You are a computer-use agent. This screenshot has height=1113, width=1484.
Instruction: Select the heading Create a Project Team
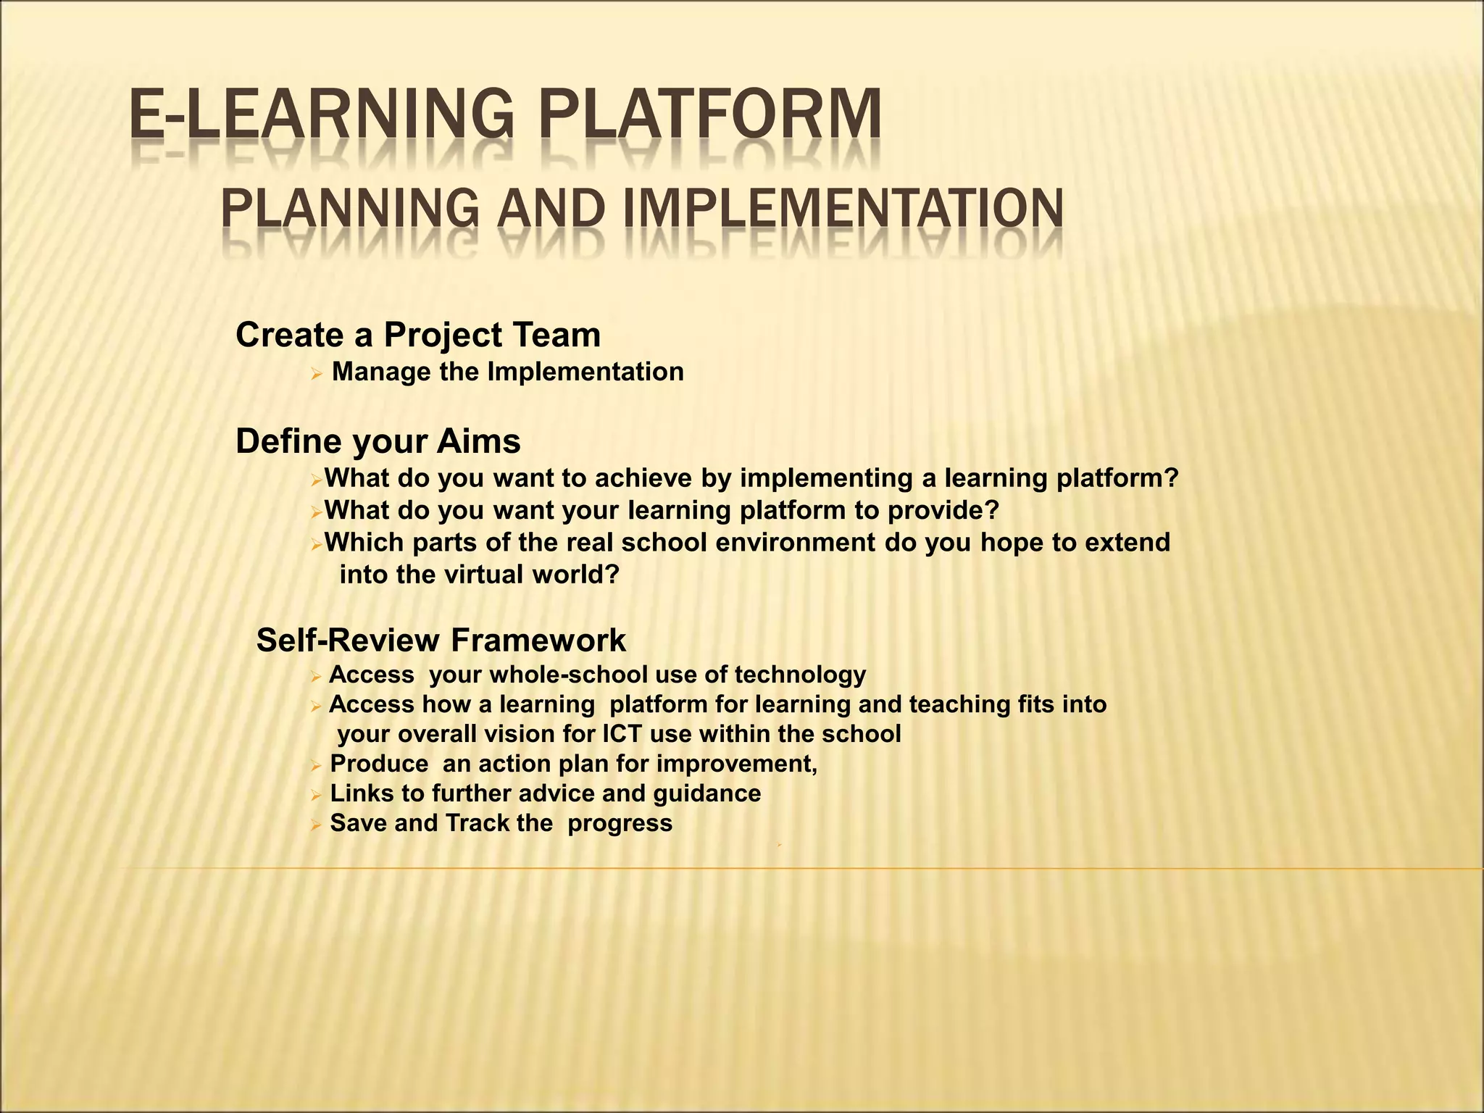[418, 335]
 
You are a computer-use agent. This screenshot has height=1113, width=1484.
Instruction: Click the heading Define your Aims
[378, 441]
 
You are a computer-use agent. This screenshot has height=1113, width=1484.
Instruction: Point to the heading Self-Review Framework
[441, 641]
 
